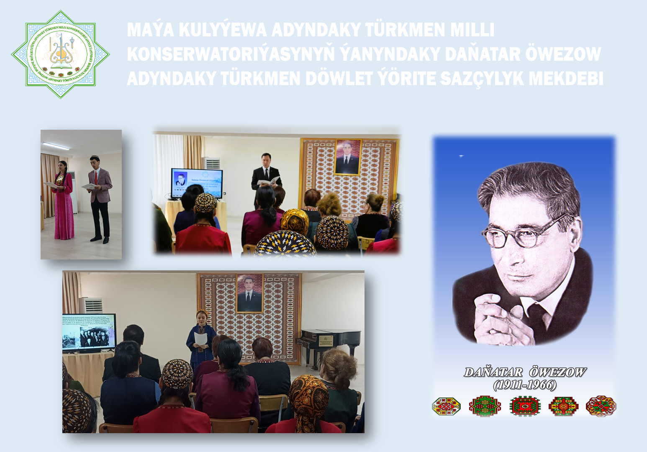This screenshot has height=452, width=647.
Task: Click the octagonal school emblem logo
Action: [x=61, y=54]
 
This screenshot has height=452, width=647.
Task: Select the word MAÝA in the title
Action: [x=150, y=30]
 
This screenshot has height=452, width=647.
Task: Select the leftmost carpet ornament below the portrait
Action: [x=446, y=406]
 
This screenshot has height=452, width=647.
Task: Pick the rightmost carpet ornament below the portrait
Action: [x=601, y=406]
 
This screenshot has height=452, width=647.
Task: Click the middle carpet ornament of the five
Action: [x=525, y=406]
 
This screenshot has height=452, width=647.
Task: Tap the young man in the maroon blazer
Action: [x=100, y=197]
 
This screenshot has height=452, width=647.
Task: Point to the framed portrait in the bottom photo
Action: [x=250, y=293]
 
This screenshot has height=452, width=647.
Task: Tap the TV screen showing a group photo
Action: [x=89, y=332]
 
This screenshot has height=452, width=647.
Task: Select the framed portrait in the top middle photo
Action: [x=347, y=157]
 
